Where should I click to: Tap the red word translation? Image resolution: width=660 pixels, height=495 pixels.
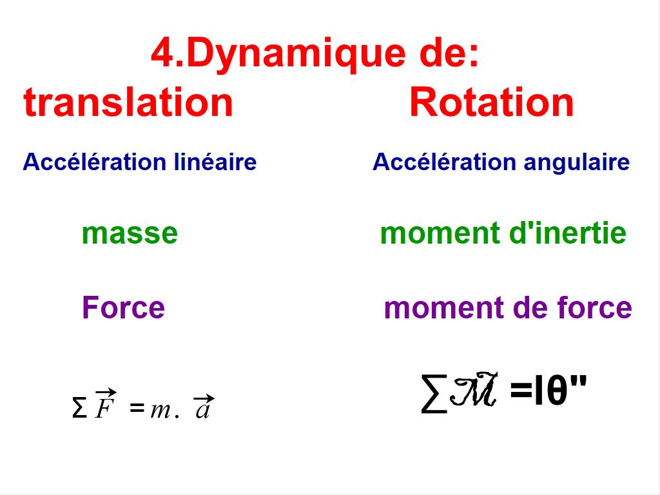128,102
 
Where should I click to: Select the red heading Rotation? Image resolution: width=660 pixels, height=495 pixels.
491,102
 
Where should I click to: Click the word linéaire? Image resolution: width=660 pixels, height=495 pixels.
215,162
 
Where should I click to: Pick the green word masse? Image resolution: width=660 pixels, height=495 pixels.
130,233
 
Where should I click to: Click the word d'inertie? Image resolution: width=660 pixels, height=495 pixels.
568,233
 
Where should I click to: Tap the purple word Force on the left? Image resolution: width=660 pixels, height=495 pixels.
123,307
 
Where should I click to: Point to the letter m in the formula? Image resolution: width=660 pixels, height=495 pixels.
159,410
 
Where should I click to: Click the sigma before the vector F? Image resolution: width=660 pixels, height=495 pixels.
79,408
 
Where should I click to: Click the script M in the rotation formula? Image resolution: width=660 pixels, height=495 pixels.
474,391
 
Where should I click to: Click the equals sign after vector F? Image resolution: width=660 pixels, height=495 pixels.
136,407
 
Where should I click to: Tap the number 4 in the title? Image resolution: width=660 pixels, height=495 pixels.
162,54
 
